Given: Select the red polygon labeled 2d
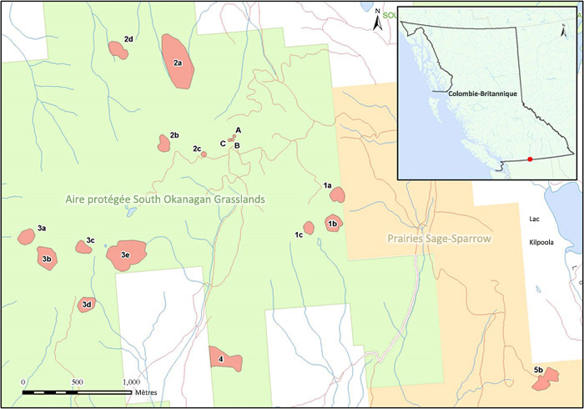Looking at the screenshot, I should pos(119,52).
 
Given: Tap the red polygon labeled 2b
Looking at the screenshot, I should pos(164,144).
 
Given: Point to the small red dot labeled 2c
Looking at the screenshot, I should pos(204,154).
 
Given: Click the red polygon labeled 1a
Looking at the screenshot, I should pos(338,195).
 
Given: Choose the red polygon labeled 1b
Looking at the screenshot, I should pos(333,223).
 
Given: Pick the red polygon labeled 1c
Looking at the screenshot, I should pos(309,227).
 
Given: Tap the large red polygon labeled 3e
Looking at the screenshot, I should pos(126,255).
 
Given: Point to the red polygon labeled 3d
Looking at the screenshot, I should pos(86,305).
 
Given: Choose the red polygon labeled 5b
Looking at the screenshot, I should pos(546,381).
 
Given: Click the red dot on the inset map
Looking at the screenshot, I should pos(531,159).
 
